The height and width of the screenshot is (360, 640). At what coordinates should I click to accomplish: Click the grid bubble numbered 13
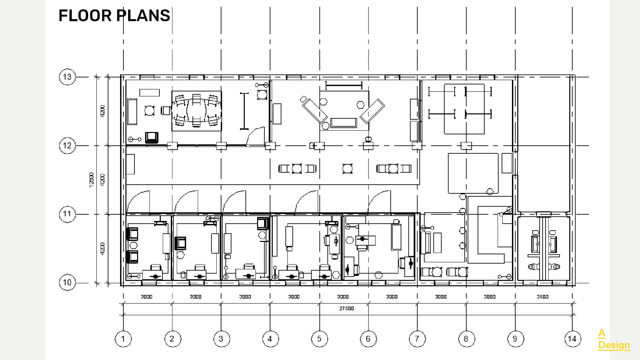pyautogui.click(x=67, y=77)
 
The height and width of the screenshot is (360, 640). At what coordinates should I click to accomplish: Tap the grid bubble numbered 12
pyautogui.click(x=67, y=146)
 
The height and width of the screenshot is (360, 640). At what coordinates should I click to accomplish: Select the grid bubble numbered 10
pyautogui.click(x=67, y=283)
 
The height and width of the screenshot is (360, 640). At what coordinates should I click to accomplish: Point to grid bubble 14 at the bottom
pyautogui.click(x=572, y=339)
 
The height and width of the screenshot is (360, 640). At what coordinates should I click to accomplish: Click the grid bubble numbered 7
pyautogui.click(x=417, y=339)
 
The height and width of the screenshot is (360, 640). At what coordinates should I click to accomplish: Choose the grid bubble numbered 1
pyautogui.click(x=123, y=339)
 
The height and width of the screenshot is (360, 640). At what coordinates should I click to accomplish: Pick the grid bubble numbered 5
pyautogui.click(x=319, y=339)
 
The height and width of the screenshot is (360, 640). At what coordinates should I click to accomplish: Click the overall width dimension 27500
pyautogui.click(x=347, y=309)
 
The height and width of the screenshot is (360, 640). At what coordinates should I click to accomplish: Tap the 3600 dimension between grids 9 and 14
pyautogui.click(x=542, y=297)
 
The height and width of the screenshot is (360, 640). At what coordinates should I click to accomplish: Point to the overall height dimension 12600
pyautogui.click(x=92, y=180)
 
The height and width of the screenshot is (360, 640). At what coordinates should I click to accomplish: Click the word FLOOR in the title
pyautogui.click(x=85, y=16)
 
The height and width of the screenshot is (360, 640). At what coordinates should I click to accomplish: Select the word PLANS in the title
pyautogui.click(x=143, y=16)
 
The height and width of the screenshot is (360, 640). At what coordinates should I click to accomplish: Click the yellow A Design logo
pyautogui.click(x=614, y=339)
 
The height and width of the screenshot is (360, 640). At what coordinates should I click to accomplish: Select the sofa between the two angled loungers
pyautogui.click(x=344, y=122)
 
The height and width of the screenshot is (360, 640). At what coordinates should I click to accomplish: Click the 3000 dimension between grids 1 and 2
pyautogui.click(x=147, y=297)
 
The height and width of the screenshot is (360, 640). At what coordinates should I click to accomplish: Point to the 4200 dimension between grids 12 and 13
pyautogui.click(x=103, y=111)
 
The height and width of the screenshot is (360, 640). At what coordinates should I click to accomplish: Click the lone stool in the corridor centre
pyautogui.click(x=347, y=168)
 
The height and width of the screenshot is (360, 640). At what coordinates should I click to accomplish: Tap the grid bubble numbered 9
pyautogui.click(x=515, y=339)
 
